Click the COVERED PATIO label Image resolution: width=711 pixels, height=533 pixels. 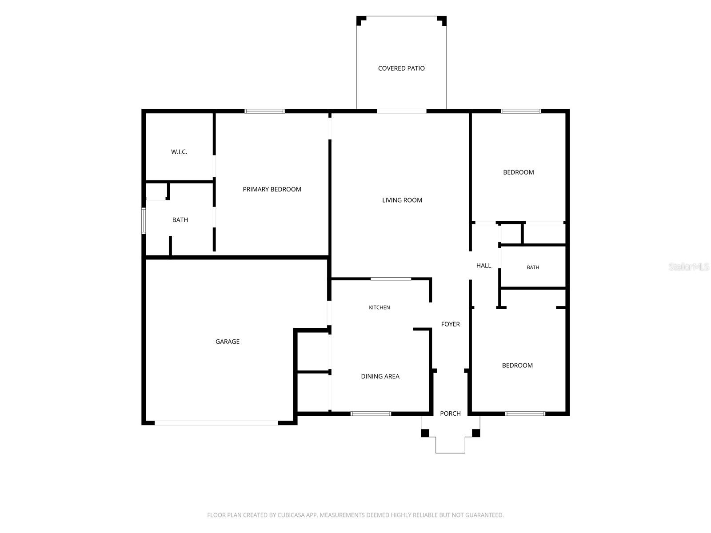point(401,68)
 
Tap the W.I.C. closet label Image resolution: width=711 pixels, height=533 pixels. point(179,152)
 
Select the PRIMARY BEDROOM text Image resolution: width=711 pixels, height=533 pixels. point(272,189)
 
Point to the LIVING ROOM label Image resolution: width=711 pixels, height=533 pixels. point(402,200)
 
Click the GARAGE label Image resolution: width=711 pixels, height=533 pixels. point(228,342)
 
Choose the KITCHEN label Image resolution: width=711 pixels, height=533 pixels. point(379,307)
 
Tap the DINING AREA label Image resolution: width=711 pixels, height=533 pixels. point(380,376)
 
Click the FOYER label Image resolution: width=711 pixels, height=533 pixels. point(450,324)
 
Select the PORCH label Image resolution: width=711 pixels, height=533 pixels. point(450,414)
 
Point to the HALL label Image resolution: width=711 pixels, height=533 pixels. point(483,266)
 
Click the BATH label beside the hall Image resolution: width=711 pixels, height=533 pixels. point(533,267)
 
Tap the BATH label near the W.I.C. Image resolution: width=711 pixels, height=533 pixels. point(180,220)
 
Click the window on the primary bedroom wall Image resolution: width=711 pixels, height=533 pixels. point(265,111)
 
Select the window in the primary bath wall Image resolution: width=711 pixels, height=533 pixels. point(144,221)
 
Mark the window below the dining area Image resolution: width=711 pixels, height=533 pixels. point(371,414)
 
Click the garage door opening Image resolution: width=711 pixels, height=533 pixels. point(216,423)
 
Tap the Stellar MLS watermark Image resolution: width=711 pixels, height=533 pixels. point(689,266)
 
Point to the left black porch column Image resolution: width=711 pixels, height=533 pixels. point(425,433)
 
